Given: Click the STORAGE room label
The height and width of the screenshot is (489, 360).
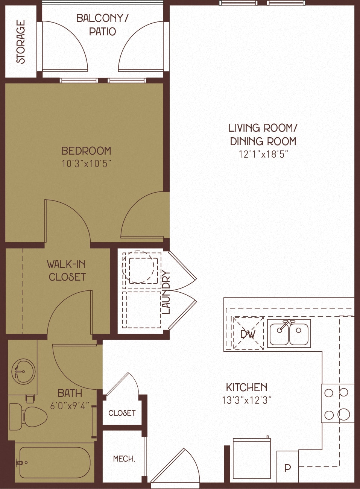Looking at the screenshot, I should coord(21,42).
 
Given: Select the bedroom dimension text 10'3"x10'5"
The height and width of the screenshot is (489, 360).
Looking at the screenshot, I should coord(86,164).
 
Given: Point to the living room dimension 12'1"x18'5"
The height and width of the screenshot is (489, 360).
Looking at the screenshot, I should coord(263,154).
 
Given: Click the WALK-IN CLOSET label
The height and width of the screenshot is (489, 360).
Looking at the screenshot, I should coord(67,270).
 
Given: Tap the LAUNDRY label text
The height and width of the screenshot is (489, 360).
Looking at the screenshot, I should coord(166,292).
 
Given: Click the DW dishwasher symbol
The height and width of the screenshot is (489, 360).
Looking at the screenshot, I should coord(248,334).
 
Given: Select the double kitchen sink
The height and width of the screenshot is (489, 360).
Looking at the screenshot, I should coord(289,333).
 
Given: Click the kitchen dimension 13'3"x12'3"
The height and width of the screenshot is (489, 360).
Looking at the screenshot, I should coord(246,400).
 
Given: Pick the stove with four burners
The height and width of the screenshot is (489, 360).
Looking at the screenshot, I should coord(337,403).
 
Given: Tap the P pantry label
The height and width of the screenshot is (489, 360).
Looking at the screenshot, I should coord(287,468).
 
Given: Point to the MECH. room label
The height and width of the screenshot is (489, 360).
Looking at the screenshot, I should coord(124,459).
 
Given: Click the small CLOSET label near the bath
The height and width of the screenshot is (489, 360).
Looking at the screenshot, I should coord(122,413).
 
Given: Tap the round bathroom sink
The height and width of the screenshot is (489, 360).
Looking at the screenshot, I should coord(23,372).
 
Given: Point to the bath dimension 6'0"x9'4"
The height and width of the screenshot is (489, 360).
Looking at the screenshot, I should coord(70,406).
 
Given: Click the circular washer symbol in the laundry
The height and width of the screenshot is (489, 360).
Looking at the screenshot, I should coord(140,267).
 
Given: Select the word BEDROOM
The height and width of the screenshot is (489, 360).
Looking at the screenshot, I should coord(86,151).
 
